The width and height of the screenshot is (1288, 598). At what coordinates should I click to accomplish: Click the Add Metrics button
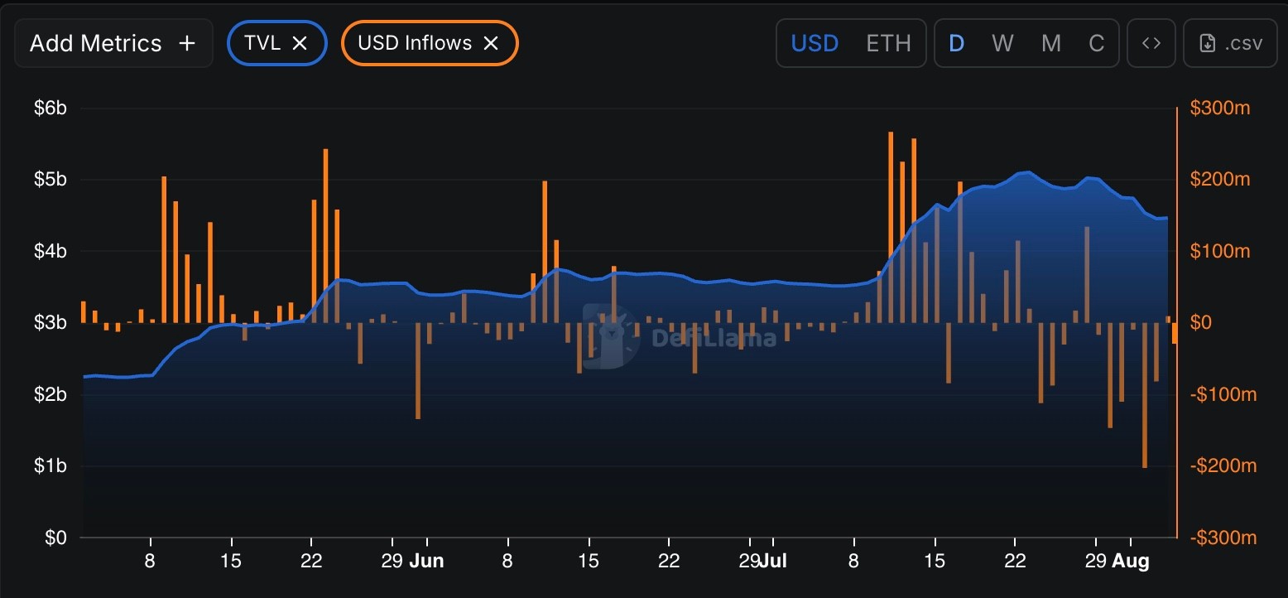tap(113, 43)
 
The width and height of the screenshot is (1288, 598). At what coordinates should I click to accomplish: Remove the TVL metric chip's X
tap(300, 43)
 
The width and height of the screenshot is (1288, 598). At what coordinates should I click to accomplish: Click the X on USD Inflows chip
tap(491, 43)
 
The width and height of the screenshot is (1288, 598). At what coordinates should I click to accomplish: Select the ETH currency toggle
tap(888, 43)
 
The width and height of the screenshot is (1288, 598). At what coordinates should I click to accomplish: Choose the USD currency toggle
tap(815, 43)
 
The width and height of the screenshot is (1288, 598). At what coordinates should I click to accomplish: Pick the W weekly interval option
tap(1002, 43)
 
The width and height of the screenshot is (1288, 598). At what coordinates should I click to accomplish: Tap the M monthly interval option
tap(1050, 43)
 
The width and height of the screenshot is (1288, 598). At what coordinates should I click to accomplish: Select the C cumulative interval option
tap(1096, 43)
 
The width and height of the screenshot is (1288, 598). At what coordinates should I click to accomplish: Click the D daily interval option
tap(956, 43)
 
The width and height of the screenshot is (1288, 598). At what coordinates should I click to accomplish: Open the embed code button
tap(1151, 43)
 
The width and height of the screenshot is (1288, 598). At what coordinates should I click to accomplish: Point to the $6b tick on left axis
tap(50, 108)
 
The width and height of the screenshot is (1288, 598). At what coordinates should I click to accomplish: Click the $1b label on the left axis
tap(50, 465)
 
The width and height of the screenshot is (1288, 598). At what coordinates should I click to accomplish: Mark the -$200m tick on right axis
tap(1223, 465)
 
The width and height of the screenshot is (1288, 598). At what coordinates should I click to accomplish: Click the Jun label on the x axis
tap(426, 562)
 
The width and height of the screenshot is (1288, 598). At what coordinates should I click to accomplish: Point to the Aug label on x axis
tap(1130, 562)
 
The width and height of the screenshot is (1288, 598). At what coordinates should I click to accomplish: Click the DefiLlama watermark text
tap(713, 338)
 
